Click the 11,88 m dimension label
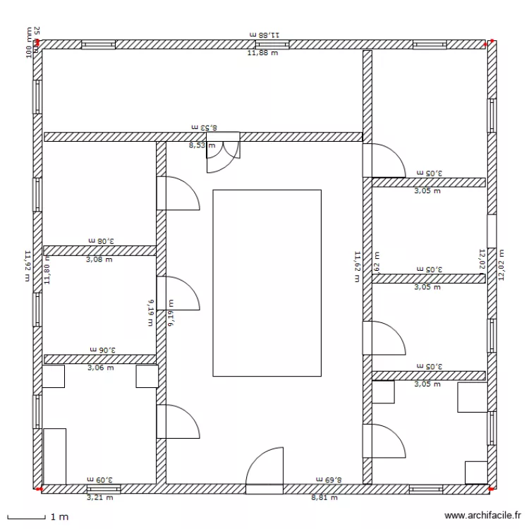click(x=262, y=51)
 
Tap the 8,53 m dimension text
click(x=201, y=145)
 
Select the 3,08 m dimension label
click(x=99, y=260)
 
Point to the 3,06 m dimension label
click(x=99, y=367)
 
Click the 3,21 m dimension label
click(x=99, y=497)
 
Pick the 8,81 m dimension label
click(x=324, y=497)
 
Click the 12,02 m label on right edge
click(x=501, y=264)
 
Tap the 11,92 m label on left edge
click(x=28, y=266)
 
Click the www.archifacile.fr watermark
click(x=483, y=516)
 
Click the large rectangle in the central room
click(x=267, y=282)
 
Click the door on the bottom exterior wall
click(x=264, y=469)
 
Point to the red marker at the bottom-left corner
click(x=38, y=488)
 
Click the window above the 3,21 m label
click(x=104, y=488)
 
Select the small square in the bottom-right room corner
click(x=476, y=472)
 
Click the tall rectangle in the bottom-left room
click(x=54, y=456)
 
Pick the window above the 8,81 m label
click(x=426, y=488)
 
